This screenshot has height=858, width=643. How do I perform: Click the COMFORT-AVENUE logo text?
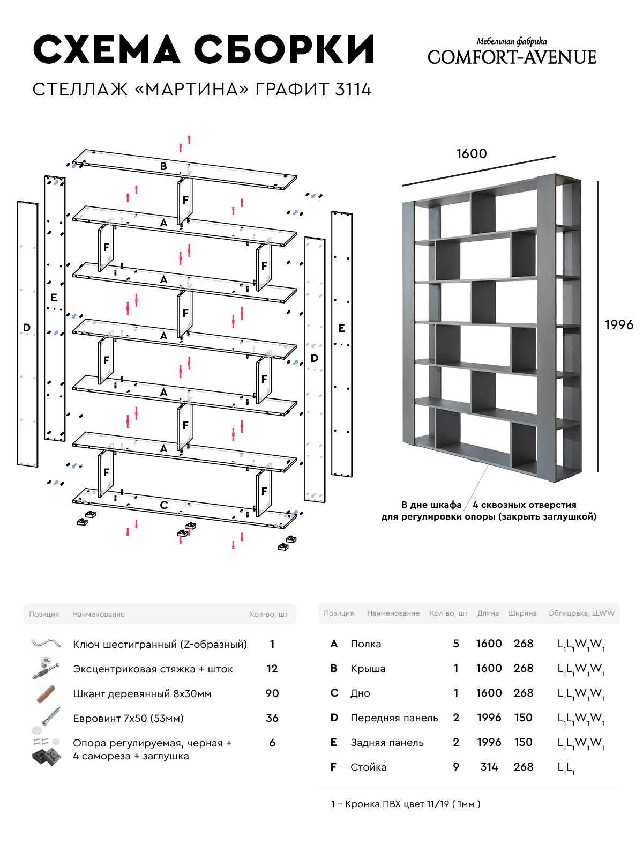tap(512, 57)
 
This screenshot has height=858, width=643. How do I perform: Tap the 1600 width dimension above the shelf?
tap(472, 154)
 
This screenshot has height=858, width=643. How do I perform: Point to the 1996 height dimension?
tap(619, 325)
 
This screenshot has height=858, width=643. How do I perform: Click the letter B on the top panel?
tap(163, 167)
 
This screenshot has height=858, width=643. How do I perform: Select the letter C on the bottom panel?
tap(164, 505)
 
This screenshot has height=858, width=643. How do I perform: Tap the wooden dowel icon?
tap(46, 693)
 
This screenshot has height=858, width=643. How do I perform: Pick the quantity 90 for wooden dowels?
tap(272, 693)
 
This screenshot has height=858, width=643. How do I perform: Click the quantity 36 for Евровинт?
tap(272, 718)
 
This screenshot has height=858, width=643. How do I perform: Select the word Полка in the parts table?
tap(366, 644)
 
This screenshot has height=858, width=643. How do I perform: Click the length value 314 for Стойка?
tap(489, 767)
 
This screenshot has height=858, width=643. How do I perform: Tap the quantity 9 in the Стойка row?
tap(456, 767)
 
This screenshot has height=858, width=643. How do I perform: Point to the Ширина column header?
tap(522, 613)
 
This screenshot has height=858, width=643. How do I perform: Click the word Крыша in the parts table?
tap(368, 669)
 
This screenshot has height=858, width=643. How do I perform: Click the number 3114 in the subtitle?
tap(353, 90)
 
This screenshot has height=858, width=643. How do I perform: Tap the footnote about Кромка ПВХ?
tap(406, 804)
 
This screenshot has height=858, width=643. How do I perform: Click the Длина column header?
tap(488, 613)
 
